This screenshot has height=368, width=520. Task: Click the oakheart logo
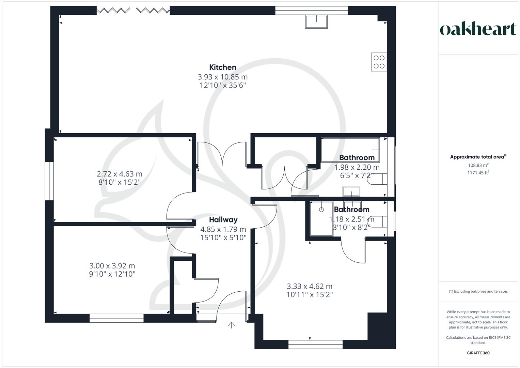tap(478, 29)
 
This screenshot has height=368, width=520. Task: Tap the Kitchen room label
tap(222, 67)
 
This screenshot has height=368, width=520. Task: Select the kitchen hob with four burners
tap(379, 62)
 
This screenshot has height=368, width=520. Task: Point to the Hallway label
tap(223, 220)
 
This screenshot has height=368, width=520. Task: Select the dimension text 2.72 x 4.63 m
tap(120, 174)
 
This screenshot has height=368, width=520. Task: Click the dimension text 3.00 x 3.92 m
tap(112, 266)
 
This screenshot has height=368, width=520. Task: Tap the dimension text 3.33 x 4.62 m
tap(310, 287)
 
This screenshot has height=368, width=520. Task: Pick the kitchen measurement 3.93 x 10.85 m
tap(222, 77)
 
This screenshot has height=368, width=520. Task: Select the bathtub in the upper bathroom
tap(350, 150)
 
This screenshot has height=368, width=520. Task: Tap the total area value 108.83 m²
tap(478, 165)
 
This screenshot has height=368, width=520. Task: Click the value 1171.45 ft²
tap(478, 173)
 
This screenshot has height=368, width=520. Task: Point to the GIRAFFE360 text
tap(478, 353)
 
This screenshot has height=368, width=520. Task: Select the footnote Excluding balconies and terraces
tap(478, 291)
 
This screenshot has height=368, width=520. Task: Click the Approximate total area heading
tap(477, 157)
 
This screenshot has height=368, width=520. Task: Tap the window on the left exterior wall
tap(49, 181)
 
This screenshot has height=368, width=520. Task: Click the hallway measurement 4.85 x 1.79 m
tap(223, 229)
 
